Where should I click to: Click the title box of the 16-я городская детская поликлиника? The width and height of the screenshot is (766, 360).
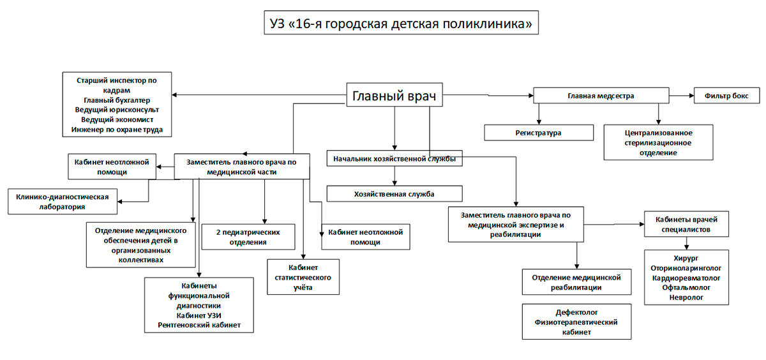click(x=400, y=24)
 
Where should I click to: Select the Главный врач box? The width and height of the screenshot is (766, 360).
click(x=394, y=97)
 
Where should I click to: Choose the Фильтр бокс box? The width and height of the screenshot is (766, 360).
click(x=726, y=96)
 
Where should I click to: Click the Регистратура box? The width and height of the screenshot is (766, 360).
click(x=538, y=133)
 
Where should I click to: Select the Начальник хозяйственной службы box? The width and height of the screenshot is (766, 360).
click(x=394, y=158)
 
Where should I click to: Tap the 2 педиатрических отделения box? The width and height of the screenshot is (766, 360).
click(x=249, y=236)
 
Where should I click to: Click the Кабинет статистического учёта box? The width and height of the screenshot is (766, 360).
click(x=303, y=277)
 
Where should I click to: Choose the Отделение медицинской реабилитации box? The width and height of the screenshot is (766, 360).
click(x=576, y=282)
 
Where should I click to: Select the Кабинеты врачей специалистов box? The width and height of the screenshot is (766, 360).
click(x=686, y=223)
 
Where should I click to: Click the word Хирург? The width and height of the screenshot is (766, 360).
click(x=686, y=259)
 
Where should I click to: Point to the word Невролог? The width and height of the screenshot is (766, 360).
click(x=686, y=297)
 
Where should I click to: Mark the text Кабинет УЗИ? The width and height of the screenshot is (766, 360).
click(x=199, y=315)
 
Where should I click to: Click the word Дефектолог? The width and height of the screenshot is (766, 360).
click(x=576, y=313)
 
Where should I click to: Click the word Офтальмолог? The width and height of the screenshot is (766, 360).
click(x=686, y=288)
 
